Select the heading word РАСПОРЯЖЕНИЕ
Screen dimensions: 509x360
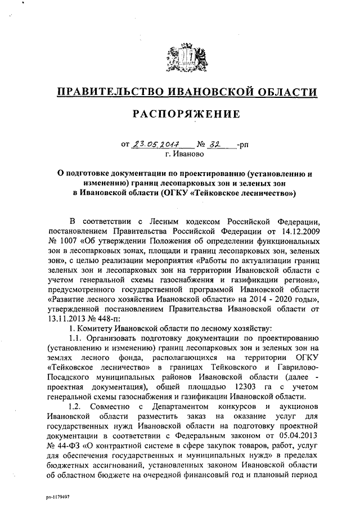[186, 115]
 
